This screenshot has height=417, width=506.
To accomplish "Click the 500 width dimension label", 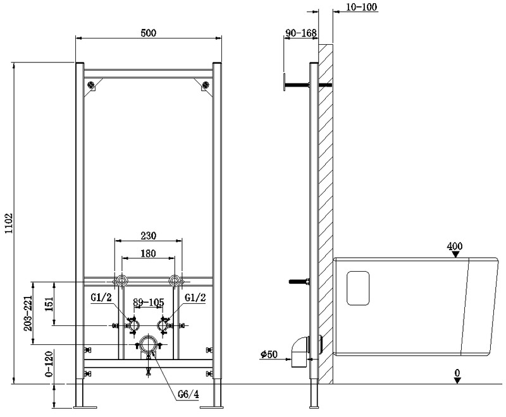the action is click(x=149, y=33).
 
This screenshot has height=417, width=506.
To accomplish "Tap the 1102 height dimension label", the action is click(x=9, y=223).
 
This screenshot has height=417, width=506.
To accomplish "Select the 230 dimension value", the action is click(x=149, y=236).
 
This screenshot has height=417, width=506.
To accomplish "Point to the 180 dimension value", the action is click(x=148, y=253).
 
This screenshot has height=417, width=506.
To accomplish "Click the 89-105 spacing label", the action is click(x=149, y=302).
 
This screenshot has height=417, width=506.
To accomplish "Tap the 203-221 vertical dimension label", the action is click(x=28, y=313).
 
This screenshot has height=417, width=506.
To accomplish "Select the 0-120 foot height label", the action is click(x=49, y=364).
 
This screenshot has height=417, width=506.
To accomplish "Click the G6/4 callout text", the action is click(x=188, y=394).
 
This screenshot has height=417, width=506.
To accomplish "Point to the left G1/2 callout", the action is click(x=101, y=297).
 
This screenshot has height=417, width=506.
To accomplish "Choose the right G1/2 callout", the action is click(x=195, y=297).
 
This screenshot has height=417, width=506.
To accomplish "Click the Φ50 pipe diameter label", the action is click(x=269, y=354).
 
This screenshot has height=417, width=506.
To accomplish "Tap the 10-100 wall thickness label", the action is click(x=361, y=7).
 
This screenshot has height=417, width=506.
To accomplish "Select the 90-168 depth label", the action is click(x=301, y=33).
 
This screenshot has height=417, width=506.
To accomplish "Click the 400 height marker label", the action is click(x=455, y=246).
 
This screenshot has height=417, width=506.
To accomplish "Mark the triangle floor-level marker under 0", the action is click(x=457, y=380).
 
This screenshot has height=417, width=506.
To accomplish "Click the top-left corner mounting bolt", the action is click(x=92, y=85).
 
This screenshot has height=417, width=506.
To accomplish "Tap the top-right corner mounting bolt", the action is click(x=205, y=85).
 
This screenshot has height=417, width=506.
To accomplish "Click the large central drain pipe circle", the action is click(x=148, y=345).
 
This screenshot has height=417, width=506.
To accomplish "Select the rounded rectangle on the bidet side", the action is click(x=358, y=288).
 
